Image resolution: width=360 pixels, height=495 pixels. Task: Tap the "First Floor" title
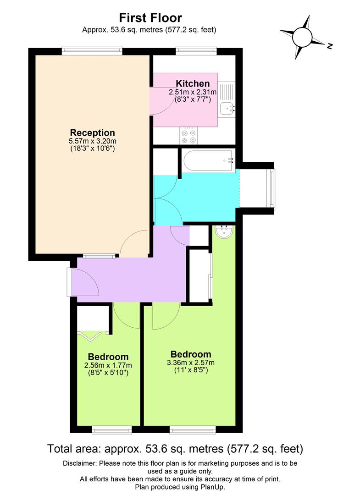tap(150, 18)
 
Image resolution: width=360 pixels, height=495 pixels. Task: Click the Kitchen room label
tap(193, 83)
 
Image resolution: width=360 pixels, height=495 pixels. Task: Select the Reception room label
tap(92, 133)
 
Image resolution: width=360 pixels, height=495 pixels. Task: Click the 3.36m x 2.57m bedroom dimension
tap(191, 363)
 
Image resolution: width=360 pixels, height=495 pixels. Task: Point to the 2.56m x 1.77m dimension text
tap(108, 365)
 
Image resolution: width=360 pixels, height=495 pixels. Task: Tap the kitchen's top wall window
tap(196, 51)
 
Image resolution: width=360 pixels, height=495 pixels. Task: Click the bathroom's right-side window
tap(273, 188)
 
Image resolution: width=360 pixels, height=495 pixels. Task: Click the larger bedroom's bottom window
tap(192, 429)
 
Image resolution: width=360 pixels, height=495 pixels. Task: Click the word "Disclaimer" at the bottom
tap(79, 463)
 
